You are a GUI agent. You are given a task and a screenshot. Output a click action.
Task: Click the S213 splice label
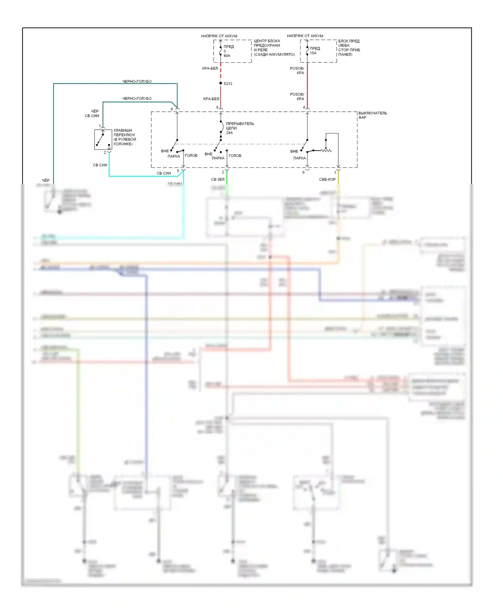(x=228, y=83)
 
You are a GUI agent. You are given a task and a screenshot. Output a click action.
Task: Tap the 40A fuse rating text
(x=227, y=56)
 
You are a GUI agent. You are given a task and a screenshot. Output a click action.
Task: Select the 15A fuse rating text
(x=313, y=53)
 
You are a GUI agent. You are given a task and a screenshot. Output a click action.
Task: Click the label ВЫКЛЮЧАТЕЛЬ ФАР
(x=372, y=115)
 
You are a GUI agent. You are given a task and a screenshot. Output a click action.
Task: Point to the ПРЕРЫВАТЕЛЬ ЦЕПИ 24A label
(x=239, y=128)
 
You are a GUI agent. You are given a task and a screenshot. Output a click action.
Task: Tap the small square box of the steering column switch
(x=103, y=140)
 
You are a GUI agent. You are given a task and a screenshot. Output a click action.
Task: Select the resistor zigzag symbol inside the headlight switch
(x=326, y=151)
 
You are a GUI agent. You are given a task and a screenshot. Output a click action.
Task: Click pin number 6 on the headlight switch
(x=172, y=109)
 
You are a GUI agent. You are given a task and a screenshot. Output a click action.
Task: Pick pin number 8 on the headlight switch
(x=217, y=107)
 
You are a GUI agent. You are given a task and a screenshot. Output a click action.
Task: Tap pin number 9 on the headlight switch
(x=303, y=172)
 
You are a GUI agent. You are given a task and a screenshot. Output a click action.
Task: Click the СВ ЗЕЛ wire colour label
(x=218, y=179)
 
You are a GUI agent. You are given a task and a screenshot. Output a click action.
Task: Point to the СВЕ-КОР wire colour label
(x=327, y=179)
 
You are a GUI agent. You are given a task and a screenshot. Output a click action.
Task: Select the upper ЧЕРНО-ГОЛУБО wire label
(x=137, y=81)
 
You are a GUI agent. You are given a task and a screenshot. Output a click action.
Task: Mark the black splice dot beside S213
(x=221, y=83)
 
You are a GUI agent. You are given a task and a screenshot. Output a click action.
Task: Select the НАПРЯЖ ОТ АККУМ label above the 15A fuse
(x=305, y=36)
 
